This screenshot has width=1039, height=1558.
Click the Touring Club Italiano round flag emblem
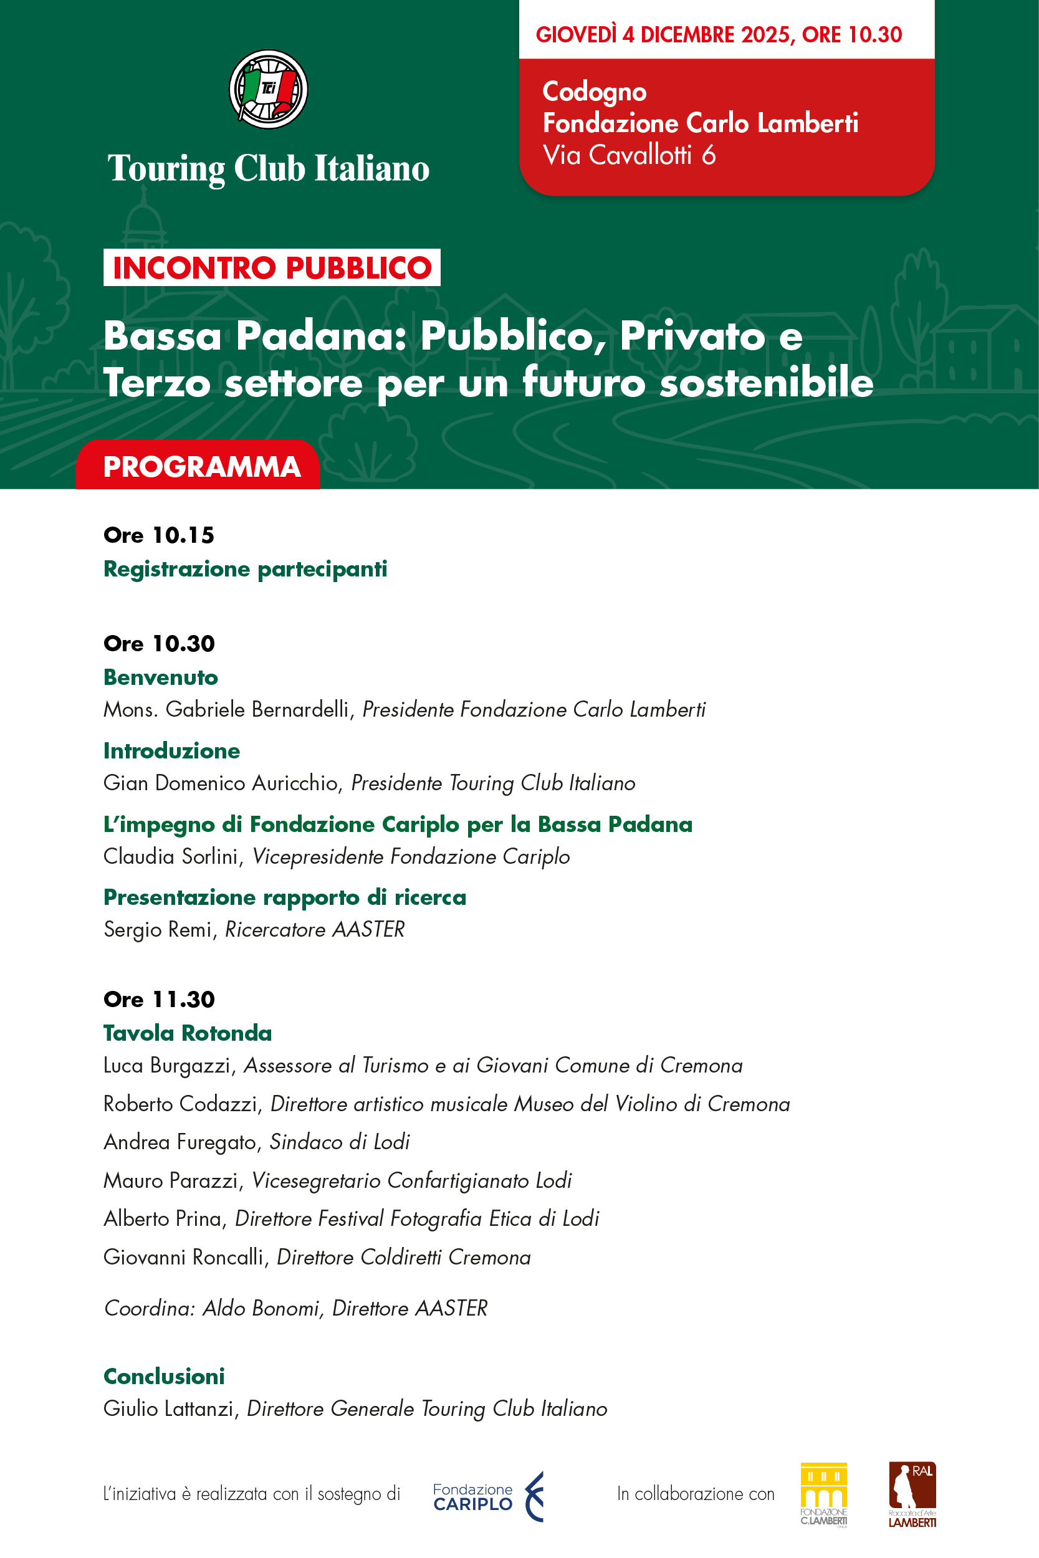(269, 88)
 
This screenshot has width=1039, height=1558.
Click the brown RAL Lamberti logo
(912, 1494)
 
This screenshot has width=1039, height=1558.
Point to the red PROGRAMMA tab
(201, 467)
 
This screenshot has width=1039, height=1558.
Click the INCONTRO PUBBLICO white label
(272, 267)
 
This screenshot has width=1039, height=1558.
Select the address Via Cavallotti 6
(629, 155)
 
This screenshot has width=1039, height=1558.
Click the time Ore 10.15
(159, 535)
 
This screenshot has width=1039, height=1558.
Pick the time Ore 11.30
(159, 999)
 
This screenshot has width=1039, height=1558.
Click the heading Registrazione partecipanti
(245, 569)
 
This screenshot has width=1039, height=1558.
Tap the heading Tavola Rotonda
(188, 1033)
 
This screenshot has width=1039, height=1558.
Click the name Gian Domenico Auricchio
(221, 783)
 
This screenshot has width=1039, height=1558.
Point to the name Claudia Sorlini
(171, 856)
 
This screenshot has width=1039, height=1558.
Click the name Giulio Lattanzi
(169, 1408)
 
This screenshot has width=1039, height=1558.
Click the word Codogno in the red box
(595, 92)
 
